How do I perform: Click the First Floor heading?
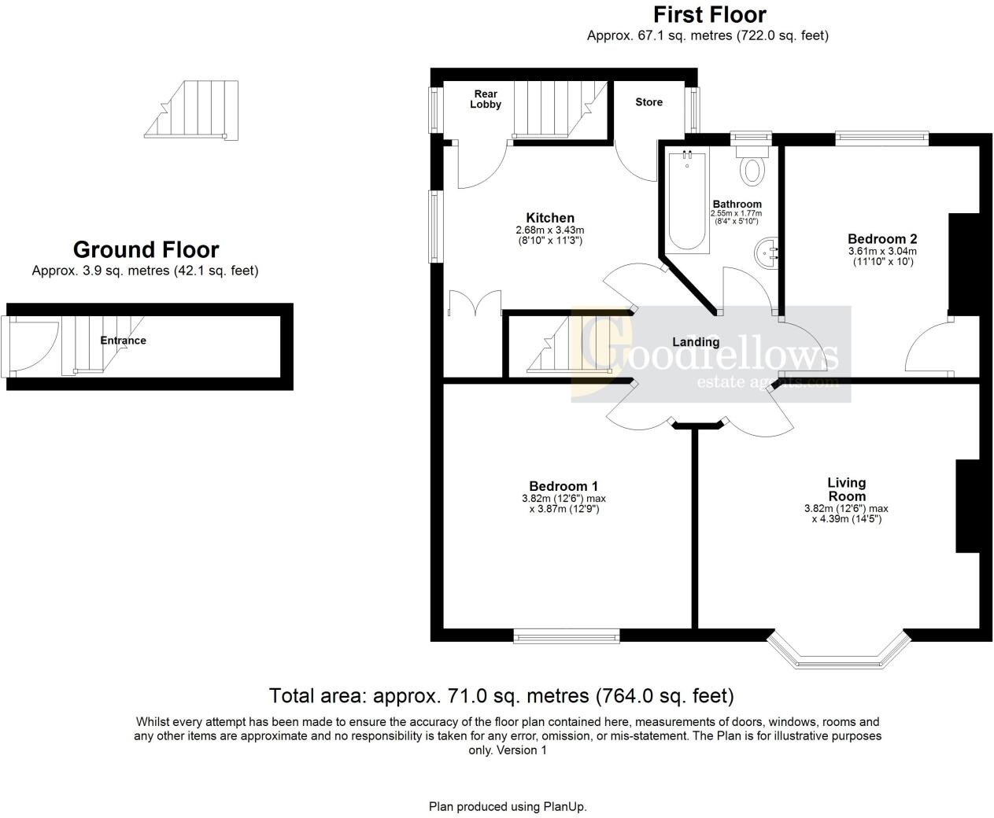pos(709,15)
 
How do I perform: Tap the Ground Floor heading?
pos(146,250)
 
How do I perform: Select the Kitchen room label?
pos(550,218)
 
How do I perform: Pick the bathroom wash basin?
pos(767,252)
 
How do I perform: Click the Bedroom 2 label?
pos(882,239)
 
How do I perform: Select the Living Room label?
pos(846,489)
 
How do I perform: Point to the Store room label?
pos(649,102)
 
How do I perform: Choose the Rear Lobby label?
pos(486,99)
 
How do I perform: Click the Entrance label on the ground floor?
pos(123,341)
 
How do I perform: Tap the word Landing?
pos(696,342)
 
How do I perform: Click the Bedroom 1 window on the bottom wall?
pos(566,636)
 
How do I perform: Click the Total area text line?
pos(501,696)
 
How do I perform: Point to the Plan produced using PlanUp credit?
pos(508,806)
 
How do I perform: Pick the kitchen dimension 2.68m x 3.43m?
pos(550,230)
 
